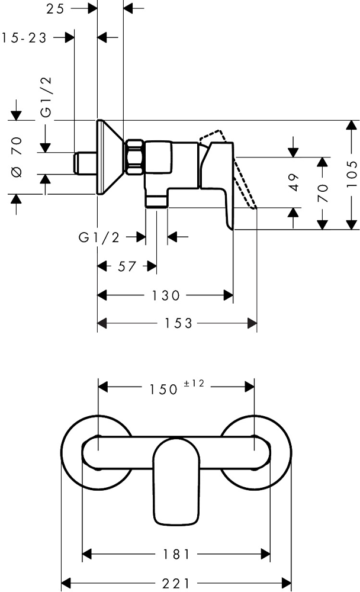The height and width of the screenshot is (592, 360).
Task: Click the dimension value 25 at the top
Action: pyautogui.click(x=55, y=9)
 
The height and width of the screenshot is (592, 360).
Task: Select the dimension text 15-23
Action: pyautogui.click(x=24, y=38)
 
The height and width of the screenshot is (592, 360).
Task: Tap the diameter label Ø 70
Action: pyautogui.click(x=17, y=157)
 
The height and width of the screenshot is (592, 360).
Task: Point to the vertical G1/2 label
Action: pyautogui.click(x=46, y=97)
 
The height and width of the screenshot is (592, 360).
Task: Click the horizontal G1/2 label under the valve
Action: pyautogui.click(x=99, y=237)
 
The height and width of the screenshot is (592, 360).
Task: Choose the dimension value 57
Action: pyautogui.click(x=127, y=266)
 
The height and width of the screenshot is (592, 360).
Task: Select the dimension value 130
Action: pyautogui.click(x=166, y=295)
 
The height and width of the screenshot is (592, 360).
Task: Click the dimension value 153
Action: pyautogui.click(x=178, y=323)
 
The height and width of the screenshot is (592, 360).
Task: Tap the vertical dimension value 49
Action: pyautogui.click(x=294, y=182)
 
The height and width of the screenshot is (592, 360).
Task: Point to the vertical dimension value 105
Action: pyautogui.click(x=352, y=174)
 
